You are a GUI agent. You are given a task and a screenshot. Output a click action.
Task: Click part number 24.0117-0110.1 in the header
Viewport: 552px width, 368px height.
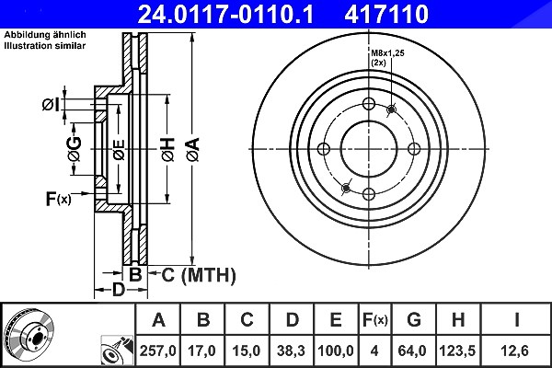click(225, 14)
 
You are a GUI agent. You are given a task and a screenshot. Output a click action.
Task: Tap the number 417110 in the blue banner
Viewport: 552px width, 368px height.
click(386, 14)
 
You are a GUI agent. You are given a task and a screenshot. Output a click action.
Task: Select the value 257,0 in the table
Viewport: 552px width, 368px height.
click(158, 351)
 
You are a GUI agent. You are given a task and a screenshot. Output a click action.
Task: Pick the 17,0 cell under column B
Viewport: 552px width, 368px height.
click(202, 351)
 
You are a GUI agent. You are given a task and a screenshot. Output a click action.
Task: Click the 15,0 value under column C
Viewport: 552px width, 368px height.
click(247, 351)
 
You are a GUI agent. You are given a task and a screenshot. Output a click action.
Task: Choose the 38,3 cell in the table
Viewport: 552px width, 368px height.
click(291, 351)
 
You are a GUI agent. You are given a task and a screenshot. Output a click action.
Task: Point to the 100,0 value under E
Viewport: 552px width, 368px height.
click(336, 351)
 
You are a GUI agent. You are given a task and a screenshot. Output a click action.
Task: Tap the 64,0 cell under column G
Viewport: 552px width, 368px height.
click(412, 351)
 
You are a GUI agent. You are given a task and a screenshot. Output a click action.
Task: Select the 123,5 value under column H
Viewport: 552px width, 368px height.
click(457, 351)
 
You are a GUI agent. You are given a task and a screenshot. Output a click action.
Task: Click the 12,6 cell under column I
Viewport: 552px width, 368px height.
click(514, 351)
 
